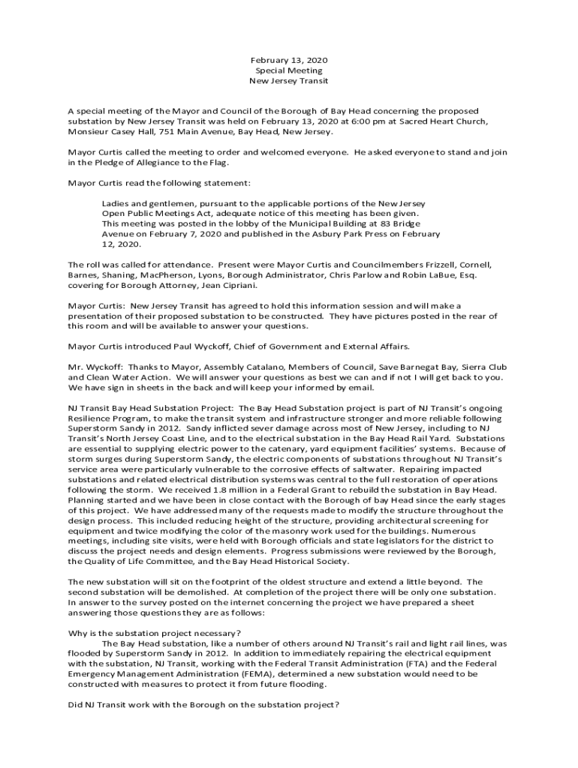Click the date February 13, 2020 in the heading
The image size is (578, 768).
point(289,59)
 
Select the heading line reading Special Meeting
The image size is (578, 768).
point(289,70)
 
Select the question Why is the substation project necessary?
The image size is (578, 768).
point(155,632)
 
